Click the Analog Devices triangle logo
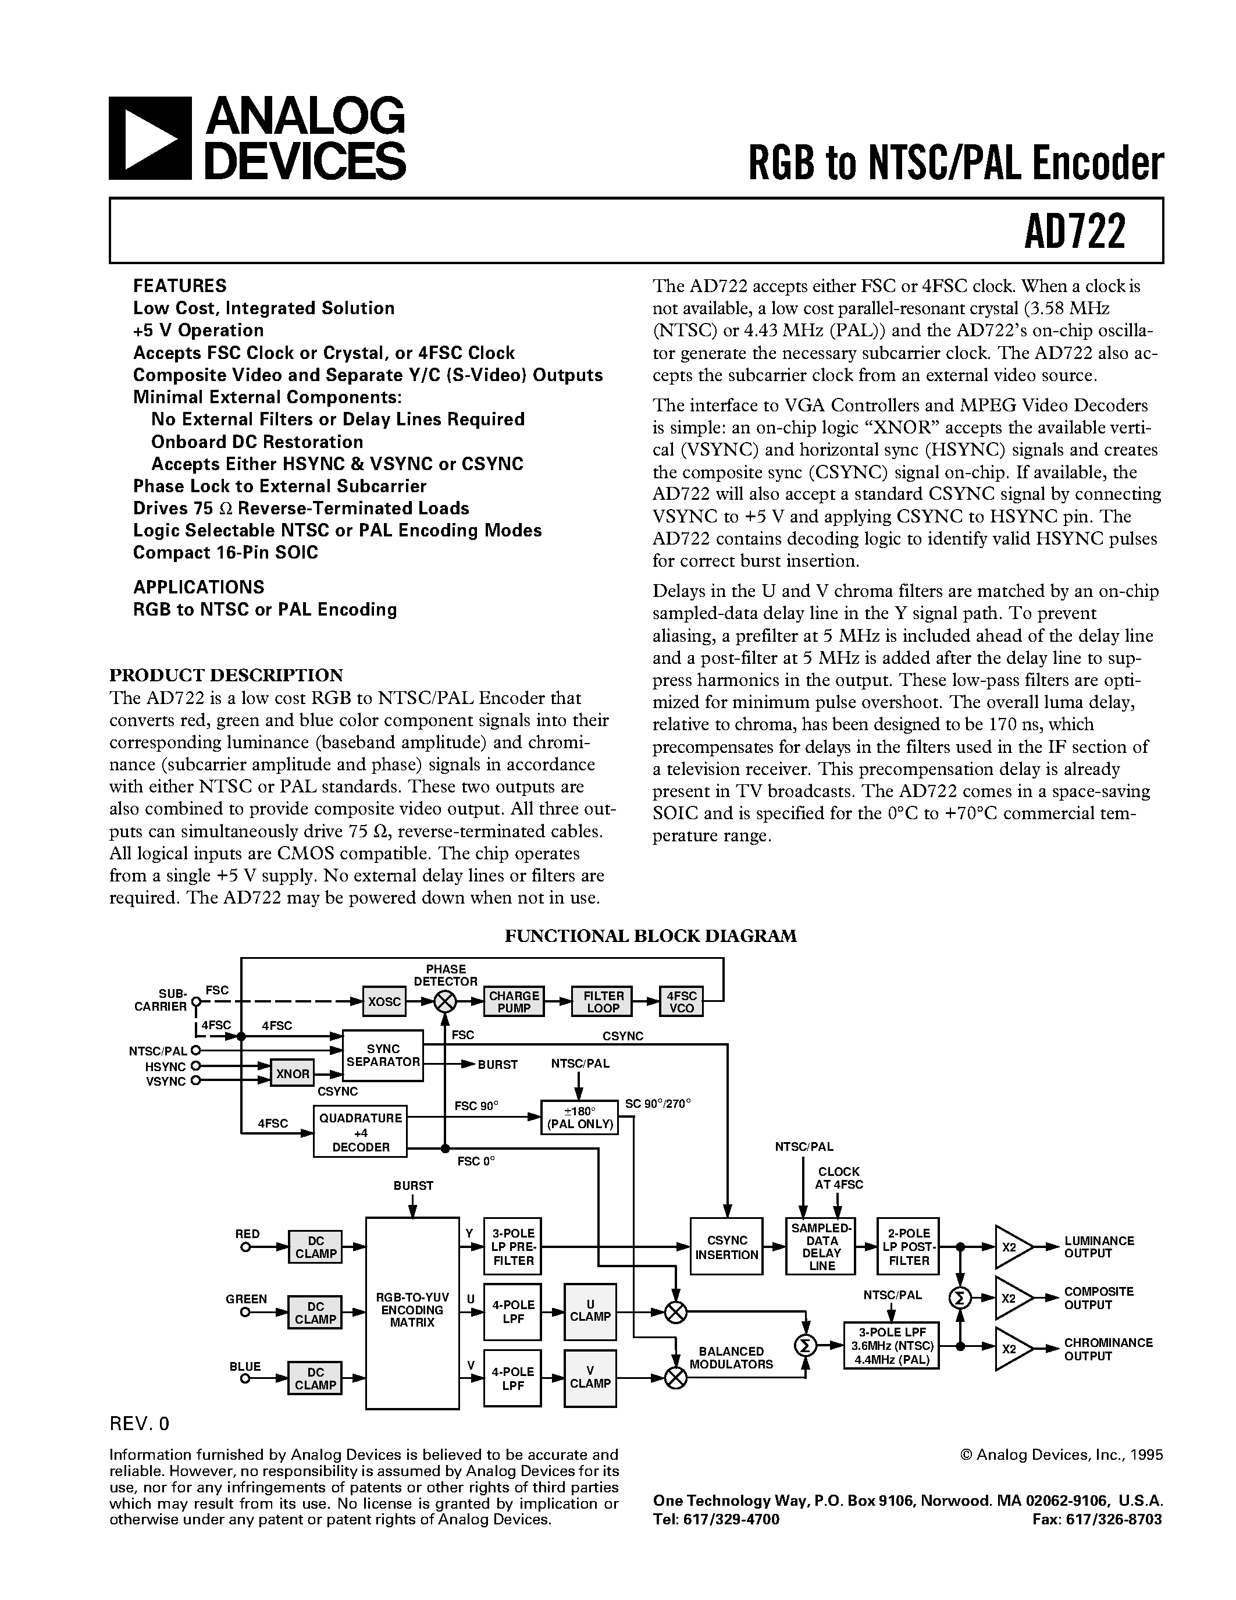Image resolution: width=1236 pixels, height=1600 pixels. coord(150,138)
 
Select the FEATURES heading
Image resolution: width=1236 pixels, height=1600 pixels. coord(179,286)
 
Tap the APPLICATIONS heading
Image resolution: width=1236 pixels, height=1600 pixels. coord(198,587)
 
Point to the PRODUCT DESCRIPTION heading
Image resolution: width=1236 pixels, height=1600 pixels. coord(226,675)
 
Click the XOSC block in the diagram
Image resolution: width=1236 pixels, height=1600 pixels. coord(384,1001)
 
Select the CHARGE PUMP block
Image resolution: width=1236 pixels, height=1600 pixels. coord(514,1001)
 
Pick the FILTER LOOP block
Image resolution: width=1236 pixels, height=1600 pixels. coord(603,1001)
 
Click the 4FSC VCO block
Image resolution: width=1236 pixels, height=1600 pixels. coord(681,1001)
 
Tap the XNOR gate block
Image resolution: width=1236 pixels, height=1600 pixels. coord(292,1074)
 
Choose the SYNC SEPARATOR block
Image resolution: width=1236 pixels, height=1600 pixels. coord(383,1055)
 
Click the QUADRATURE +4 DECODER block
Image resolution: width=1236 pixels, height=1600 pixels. coord(360,1132)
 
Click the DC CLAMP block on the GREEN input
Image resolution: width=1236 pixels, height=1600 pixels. coord(316,1313)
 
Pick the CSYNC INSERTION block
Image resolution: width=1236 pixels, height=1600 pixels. coord(726,1247)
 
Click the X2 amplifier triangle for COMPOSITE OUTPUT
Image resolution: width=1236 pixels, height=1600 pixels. coord(1011,1298)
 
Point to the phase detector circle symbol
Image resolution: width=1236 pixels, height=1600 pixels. coord(444,1001)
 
